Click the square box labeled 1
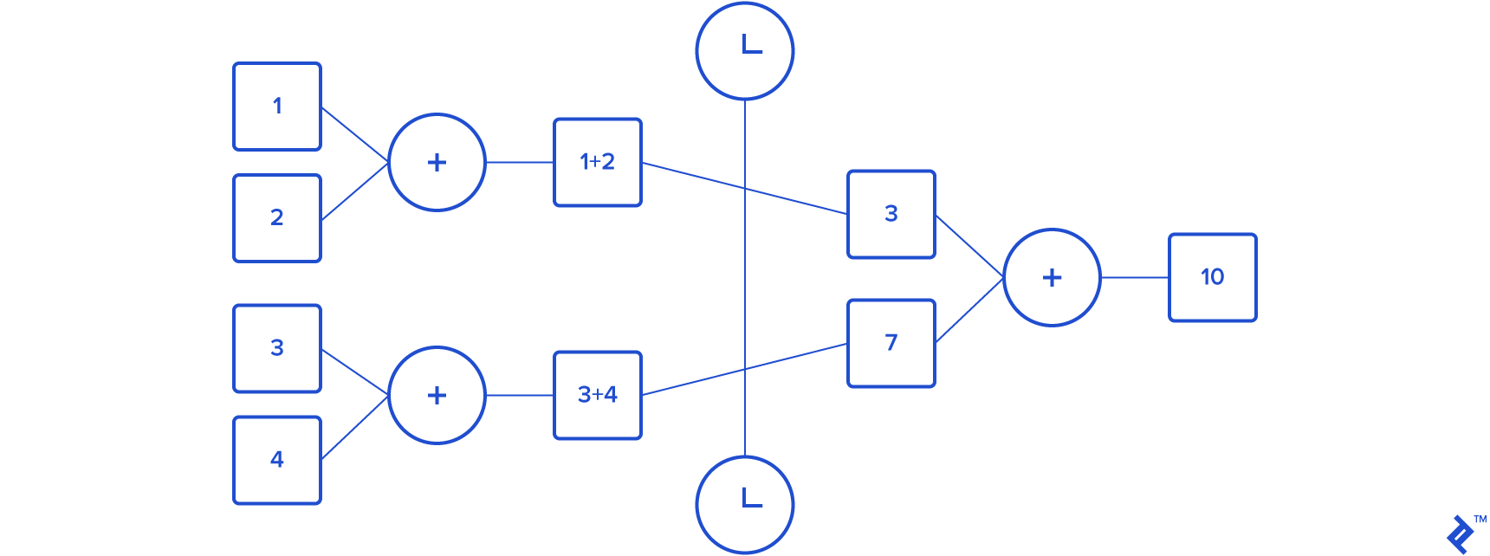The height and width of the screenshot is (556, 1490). click(277, 107)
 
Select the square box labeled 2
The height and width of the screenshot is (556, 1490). click(277, 218)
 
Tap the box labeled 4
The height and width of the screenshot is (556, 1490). click(277, 460)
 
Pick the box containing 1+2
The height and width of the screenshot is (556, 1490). click(598, 162)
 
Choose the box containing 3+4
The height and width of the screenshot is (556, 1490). click(598, 395)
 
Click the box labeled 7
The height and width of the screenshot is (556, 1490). click(891, 343)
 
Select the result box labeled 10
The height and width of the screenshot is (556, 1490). click(1213, 277)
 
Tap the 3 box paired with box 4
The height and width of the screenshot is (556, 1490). click(277, 348)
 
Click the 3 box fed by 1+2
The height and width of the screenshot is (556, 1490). click(891, 214)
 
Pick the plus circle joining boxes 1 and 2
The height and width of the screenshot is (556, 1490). click(437, 162)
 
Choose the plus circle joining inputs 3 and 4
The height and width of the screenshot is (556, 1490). click(437, 395)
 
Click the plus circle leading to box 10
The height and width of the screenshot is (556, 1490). click(1052, 277)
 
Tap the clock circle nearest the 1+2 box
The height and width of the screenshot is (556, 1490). click(745, 51)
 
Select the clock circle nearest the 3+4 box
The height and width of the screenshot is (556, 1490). click(745, 504)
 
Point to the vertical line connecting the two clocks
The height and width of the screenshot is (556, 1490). click(745, 277)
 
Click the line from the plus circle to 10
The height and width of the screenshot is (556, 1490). click(1135, 277)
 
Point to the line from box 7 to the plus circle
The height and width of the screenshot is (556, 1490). click(969, 310)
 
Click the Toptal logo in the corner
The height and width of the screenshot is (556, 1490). click(1461, 533)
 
